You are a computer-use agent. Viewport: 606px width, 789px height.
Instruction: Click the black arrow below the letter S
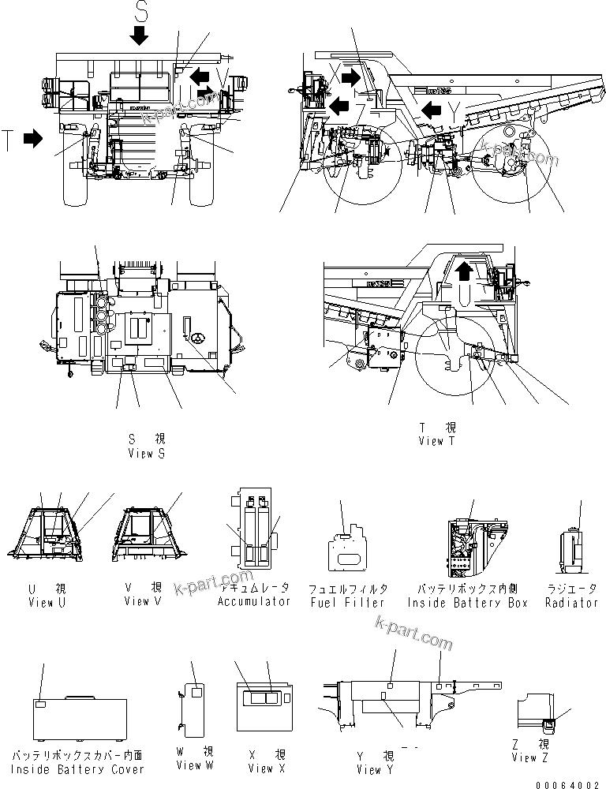[x=140, y=34]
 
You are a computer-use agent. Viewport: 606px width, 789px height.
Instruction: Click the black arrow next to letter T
[x=32, y=139]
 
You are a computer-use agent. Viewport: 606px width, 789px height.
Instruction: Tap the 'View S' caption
[x=146, y=454]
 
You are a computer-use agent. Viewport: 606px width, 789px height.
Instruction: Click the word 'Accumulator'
[x=254, y=601]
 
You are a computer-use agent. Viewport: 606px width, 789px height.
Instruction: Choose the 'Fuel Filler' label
[x=347, y=602]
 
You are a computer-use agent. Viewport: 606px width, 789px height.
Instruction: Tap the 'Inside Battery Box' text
[x=467, y=603]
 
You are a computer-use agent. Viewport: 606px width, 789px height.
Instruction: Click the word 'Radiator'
[x=571, y=603]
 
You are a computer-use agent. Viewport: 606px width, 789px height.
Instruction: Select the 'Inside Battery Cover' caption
[x=77, y=769]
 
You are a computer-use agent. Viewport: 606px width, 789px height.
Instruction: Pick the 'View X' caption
[x=260, y=767]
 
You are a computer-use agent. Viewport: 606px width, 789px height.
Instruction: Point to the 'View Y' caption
[x=368, y=769]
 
